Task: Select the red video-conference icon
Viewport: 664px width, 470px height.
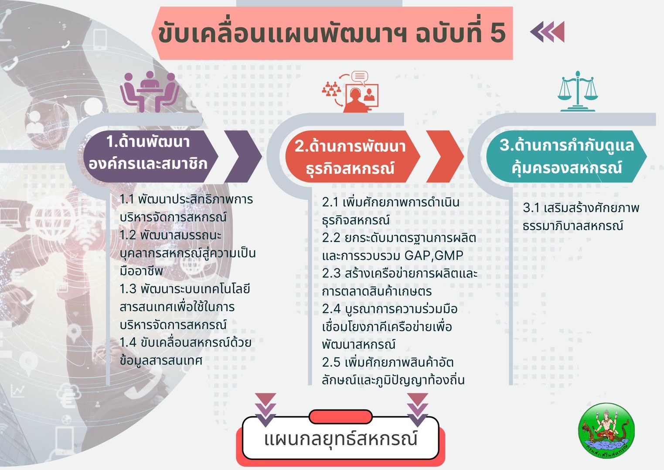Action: click(351, 91)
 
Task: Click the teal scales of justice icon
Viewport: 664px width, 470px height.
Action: click(577, 91)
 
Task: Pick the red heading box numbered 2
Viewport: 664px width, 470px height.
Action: click(352, 156)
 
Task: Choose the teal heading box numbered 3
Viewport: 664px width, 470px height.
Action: click(566, 156)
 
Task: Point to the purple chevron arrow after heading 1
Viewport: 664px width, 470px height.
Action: click(243, 156)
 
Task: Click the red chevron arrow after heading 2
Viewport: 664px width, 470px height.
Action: click(445, 156)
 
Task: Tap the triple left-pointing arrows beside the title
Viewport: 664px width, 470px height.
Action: click(547, 32)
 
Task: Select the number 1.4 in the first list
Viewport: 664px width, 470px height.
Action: click(128, 343)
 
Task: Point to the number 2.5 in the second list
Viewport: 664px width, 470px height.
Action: click(331, 362)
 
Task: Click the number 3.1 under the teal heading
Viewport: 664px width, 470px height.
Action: click(531, 208)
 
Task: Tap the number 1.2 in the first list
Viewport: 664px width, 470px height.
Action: click(128, 235)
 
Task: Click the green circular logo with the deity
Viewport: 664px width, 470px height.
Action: click(606, 431)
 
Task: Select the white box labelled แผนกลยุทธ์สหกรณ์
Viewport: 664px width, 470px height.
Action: click(341, 438)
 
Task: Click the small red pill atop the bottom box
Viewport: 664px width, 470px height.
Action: click(341, 417)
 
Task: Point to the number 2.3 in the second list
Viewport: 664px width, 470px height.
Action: click(331, 273)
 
